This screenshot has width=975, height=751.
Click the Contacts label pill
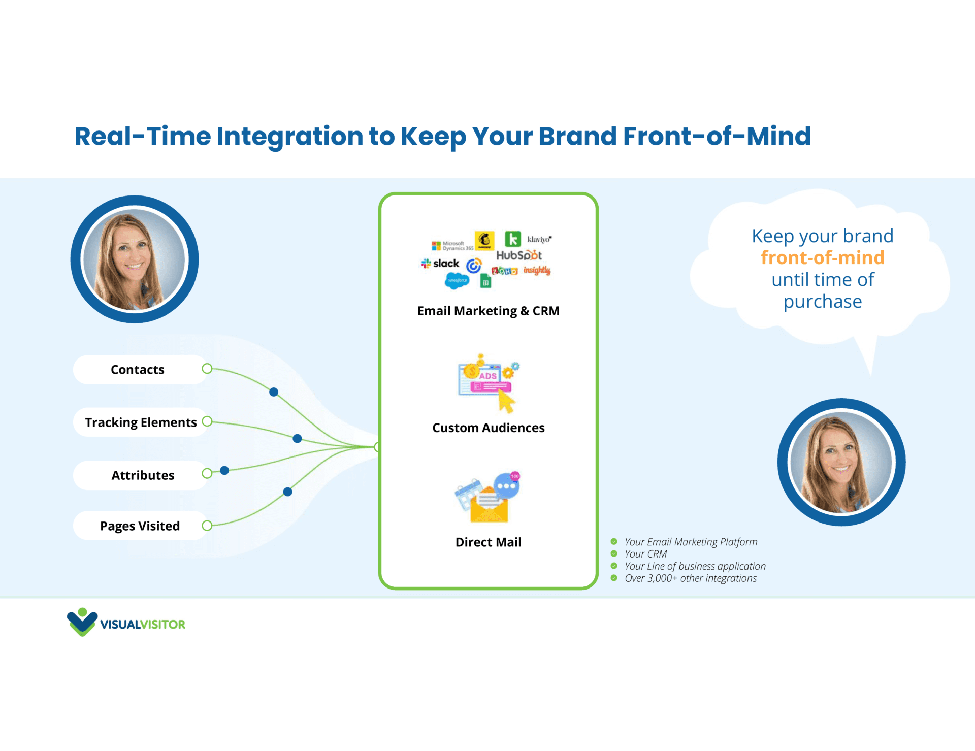138,370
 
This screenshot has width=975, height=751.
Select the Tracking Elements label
141,422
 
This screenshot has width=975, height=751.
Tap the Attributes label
143,475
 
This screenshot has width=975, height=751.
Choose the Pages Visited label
140,526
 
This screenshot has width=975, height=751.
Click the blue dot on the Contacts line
274,392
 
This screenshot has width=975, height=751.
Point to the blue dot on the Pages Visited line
287,492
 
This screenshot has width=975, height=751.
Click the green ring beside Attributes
207,473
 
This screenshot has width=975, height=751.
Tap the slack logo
440,264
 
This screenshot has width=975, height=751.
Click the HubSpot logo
518,255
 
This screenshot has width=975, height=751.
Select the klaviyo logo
539,239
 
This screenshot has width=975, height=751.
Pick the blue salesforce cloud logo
457,280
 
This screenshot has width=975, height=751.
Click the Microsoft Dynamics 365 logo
452,246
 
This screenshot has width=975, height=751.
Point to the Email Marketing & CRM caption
488,311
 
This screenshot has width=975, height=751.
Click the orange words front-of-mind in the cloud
822,258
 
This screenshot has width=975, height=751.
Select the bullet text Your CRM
645,554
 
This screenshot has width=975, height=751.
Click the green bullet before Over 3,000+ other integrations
614,578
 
